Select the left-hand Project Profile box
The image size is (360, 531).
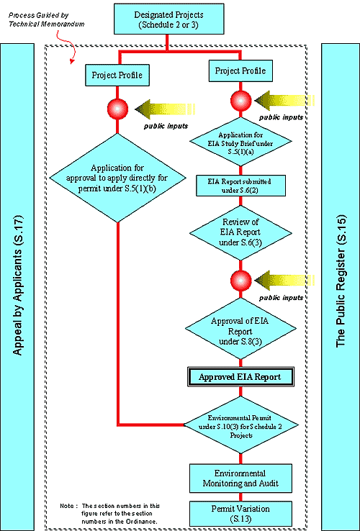[x=117, y=75]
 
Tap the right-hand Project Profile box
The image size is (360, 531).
[x=240, y=71]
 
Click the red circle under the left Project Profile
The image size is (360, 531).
[x=117, y=108]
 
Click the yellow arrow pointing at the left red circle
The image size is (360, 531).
[x=166, y=109]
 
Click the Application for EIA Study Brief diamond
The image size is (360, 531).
[x=240, y=143]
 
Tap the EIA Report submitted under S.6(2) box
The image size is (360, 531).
[x=240, y=185]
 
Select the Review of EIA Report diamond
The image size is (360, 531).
[x=240, y=231]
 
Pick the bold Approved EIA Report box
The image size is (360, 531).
[x=240, y=377]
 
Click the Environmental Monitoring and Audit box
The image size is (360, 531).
[x=240, y=478]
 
